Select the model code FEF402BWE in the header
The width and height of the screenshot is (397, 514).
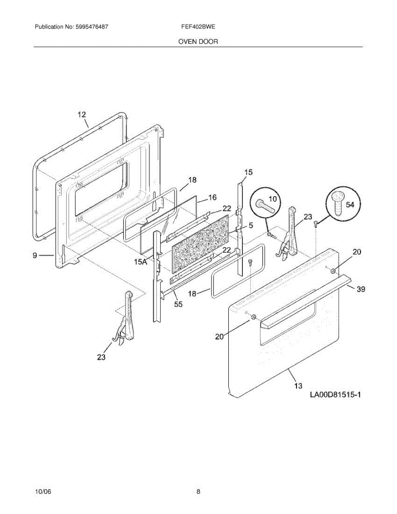pos(198,27)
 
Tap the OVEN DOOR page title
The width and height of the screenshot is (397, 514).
pos(198,42)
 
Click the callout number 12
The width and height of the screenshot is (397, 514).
pos(82,114)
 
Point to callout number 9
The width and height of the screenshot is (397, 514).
pos(35,255)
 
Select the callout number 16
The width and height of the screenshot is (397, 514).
pos(212,197)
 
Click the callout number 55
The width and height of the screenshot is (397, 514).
pos(178,305)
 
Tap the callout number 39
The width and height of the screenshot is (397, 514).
pos(361,290)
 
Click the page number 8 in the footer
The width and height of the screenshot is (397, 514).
pos(198,492)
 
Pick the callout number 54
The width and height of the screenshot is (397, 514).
pos(350,205)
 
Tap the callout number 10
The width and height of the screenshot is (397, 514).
pos(273,199)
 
